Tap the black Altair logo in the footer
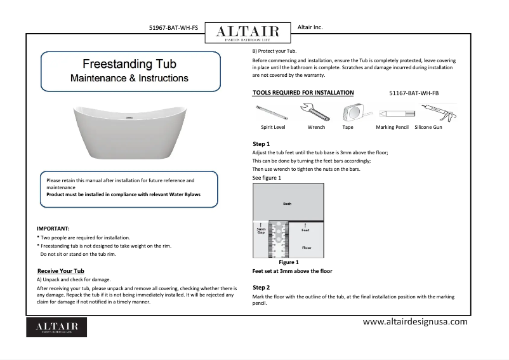(x=56, y=327)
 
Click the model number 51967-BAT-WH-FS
(x=173, y=28)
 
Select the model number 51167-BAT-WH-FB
(x=413, y=93)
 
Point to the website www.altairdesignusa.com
(x=415, y=322)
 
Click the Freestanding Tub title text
(x=129, y=65)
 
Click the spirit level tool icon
(x=271, y=113)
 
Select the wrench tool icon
(x=315, y=113)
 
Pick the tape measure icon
(x=348, y=113)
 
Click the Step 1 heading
(x=261, y=144)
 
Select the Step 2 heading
(x=261, y=288)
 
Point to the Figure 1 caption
(x=289, y=262)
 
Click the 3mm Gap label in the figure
(x=260, y=230)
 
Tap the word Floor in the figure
(x=307, y=248)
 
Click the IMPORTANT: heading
(x=53, y=227)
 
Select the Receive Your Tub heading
(x=61, y=271)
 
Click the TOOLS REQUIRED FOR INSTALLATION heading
(x=303, y=93)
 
